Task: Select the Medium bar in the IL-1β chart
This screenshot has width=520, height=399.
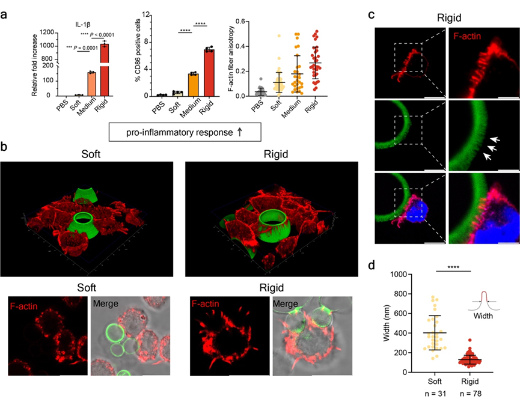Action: click(92, 84)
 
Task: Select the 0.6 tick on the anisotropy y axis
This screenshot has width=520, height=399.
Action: click(241, 22)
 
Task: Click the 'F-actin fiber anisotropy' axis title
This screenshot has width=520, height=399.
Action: click(231, 59)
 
